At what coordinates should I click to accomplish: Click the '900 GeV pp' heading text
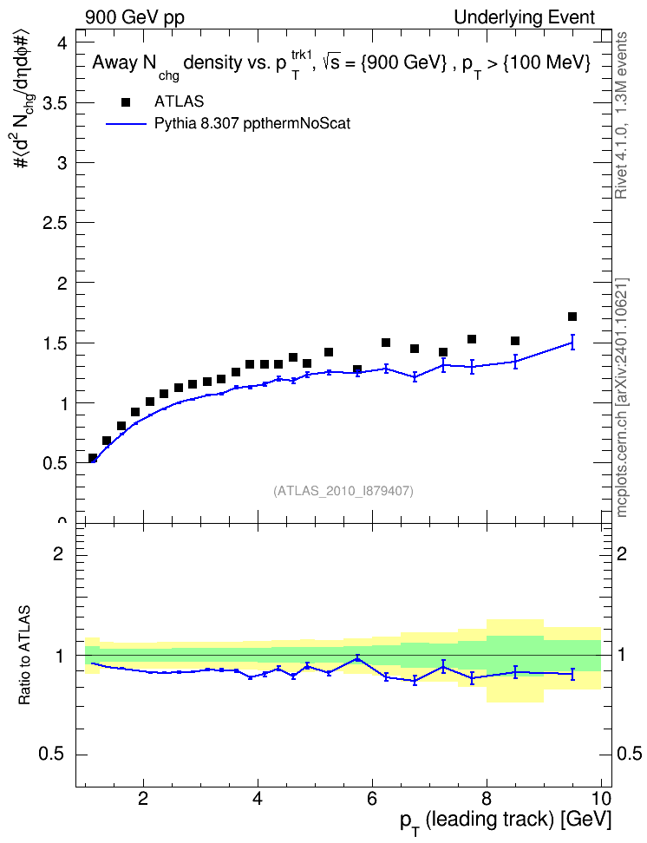coord(134,17)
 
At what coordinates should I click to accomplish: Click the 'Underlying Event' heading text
coord(525,17)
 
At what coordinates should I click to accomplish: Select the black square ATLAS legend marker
coord(126,102)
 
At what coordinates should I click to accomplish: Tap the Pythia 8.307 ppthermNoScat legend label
coord(252,124)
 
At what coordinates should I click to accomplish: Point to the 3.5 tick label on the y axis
coord(55,102)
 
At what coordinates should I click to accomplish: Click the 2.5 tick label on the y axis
coord(55,223)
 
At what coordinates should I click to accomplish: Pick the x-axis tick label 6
coord(372,798)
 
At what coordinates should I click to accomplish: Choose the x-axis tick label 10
coord(600,798)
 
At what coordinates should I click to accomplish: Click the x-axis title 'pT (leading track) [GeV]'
coord(506,822)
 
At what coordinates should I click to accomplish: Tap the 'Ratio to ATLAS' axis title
coord(24,656)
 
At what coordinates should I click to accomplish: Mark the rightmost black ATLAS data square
coord(572,317)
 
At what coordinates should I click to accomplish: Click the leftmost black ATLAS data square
coord(93,458)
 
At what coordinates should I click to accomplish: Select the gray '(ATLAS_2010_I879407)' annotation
coord(343,491)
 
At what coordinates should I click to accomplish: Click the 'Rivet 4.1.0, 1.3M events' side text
coord(621,115)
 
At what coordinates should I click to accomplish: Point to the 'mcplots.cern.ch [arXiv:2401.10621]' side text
coord(621,397)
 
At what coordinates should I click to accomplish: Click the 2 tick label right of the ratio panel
coord(622,553)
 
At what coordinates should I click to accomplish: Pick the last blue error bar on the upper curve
coord(572,342)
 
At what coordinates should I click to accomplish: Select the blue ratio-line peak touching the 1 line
coord(357,657)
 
